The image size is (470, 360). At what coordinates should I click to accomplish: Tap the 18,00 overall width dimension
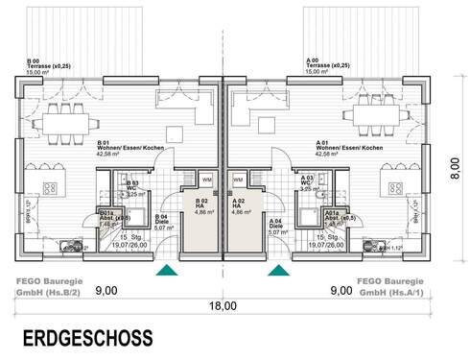[x=223, y=306]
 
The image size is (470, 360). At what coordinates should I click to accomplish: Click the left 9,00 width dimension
[x=106, y=289]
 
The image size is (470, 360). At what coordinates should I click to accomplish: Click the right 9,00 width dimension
[x=341, y=289]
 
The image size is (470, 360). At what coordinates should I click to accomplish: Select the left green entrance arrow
[x=167, y=271]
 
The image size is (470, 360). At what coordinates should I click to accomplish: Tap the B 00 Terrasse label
[x=46, y=64]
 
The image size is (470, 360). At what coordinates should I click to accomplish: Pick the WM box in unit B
[x=207, y=179]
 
